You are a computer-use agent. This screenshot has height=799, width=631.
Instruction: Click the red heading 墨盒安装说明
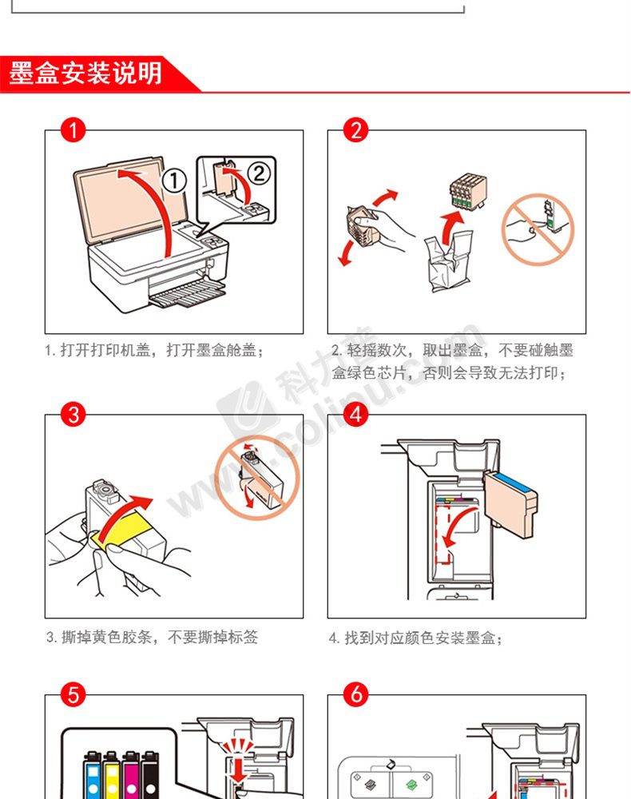pos(85,74)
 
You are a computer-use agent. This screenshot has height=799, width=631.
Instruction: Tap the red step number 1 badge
pos(73,130)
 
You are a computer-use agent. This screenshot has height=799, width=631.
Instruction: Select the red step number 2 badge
pos(355,130)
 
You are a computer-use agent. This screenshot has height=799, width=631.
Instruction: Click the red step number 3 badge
pos(73,414)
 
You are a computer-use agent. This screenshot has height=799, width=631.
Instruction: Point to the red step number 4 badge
pos(355,414)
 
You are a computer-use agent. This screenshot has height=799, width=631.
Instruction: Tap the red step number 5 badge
pos(73,694)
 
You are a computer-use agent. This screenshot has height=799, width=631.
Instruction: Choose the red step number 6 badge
pos(355,694)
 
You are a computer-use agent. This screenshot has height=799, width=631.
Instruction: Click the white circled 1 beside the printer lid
pos(175,181)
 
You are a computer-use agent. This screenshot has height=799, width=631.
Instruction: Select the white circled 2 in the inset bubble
pos(260,173)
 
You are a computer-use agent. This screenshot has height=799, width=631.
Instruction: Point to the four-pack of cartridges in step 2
pos(467,191)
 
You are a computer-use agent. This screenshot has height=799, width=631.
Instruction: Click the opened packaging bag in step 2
pos(449,261)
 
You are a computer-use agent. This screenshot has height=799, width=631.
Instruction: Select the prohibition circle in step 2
pos(538,229)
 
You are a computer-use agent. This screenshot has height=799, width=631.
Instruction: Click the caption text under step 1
pos(154,351)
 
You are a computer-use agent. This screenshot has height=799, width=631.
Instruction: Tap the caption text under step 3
pos(152,637)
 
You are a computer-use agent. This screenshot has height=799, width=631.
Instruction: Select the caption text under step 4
pos(415,638)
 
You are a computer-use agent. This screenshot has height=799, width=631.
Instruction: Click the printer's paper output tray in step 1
pos(188,295)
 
